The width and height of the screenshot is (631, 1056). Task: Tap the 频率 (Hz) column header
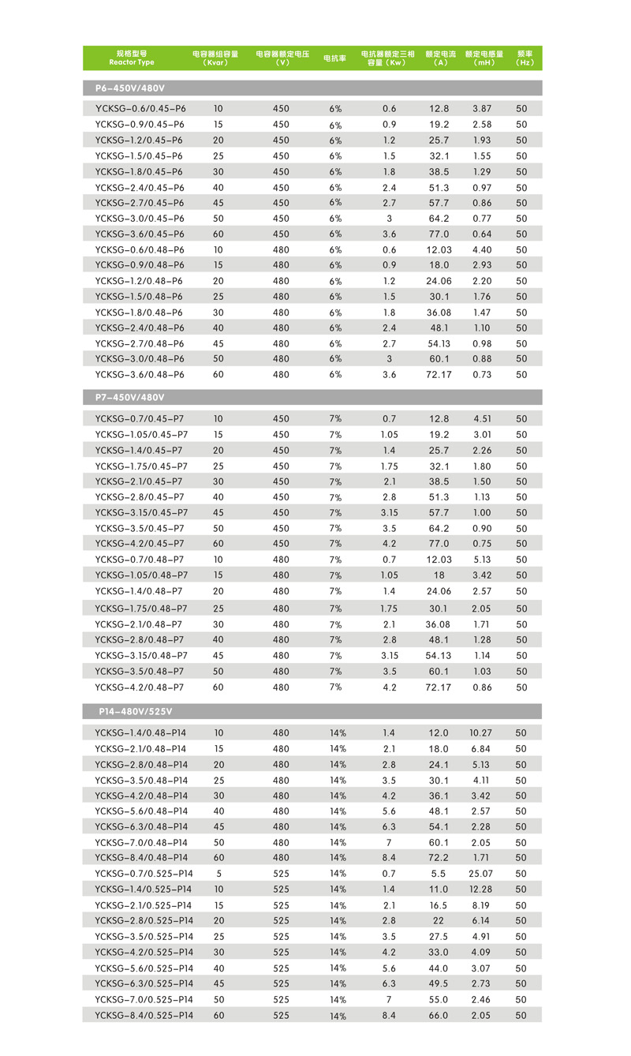coord(525,58)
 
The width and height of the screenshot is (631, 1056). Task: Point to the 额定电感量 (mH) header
coord(484,58)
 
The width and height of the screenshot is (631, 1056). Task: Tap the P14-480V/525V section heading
coord(135,711)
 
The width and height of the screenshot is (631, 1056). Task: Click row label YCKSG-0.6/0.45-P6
coord(140,109)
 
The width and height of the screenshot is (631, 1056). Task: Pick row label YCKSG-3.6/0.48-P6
coord(140,375)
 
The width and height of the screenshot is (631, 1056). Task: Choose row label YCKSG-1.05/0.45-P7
coord(141,435)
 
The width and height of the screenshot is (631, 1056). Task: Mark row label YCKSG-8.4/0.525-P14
coord(144,1015)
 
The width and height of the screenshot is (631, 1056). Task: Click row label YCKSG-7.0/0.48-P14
coord(141,843)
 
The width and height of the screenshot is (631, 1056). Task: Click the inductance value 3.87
coord(481,109)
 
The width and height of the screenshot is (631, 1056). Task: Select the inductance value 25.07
coord(480,874)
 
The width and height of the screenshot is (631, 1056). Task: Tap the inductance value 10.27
coord(480,733)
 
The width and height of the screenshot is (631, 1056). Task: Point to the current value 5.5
coord(439,874)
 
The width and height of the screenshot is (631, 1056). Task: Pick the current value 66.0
coord(439,1015)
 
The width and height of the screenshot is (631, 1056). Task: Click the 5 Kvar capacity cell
coord(218,874)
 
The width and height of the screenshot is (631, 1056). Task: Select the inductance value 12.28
coord(480,889)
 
